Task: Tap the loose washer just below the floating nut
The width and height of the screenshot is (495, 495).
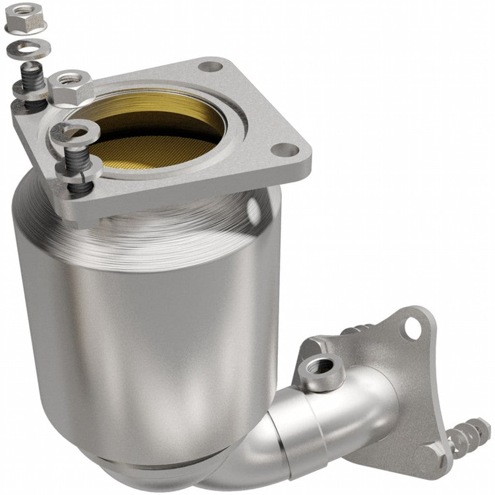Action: (28, 49)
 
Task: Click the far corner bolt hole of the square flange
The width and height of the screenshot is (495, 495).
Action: (210, 66)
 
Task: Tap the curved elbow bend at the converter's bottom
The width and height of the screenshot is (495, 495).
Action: (232, 464)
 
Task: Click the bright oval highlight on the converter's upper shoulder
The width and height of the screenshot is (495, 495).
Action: (252, 210)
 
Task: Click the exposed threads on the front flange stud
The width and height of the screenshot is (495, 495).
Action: (77, 155)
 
